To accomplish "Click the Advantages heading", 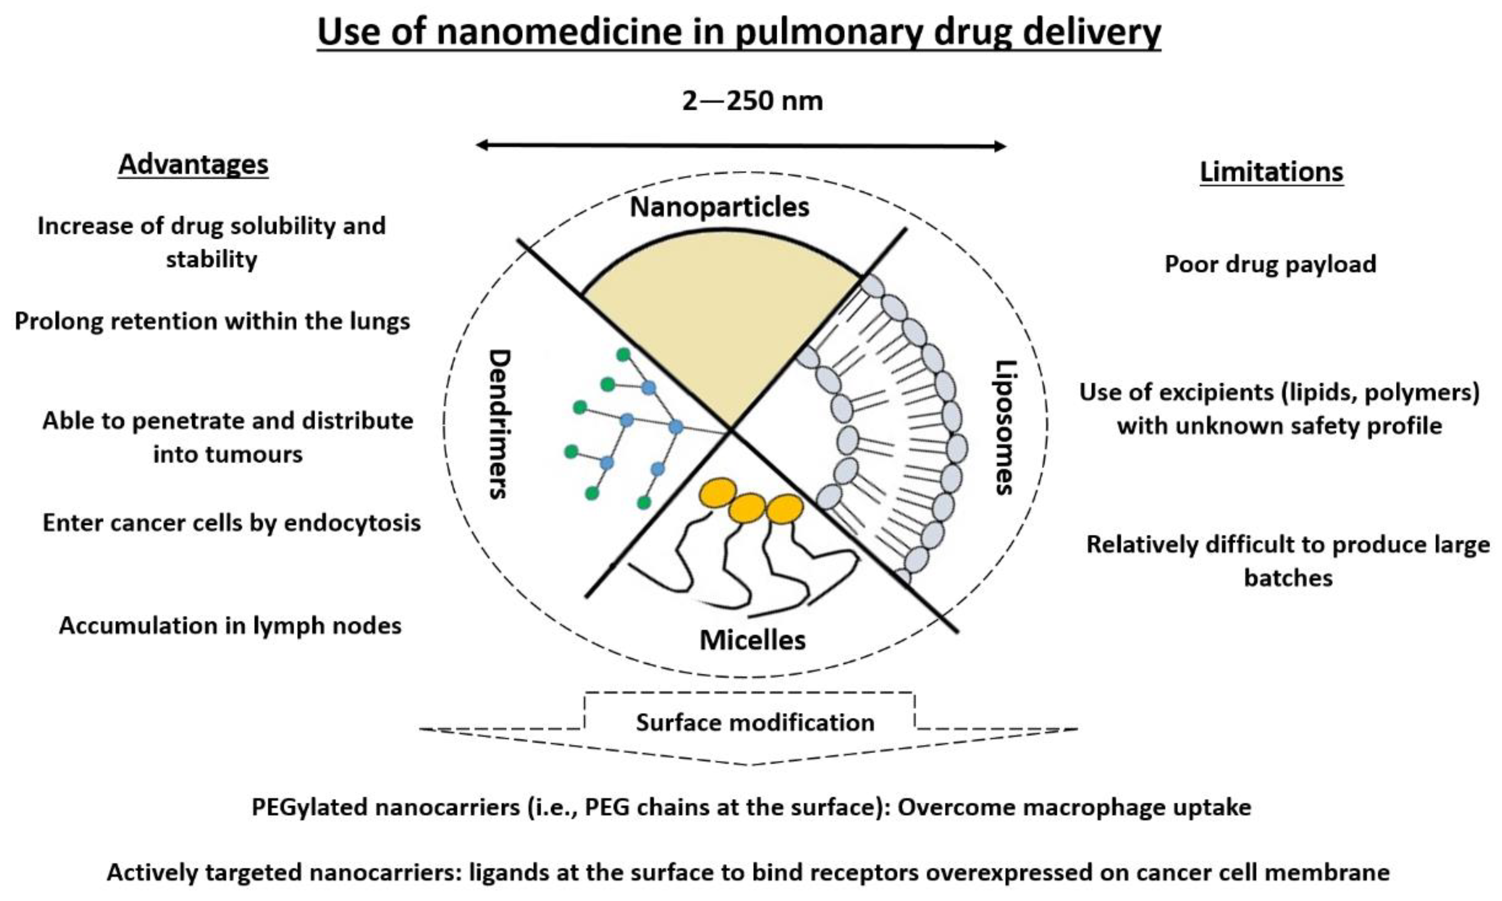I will click(193, 165).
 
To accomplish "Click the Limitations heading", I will click(1271, 172).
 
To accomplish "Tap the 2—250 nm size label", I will click(752, 100).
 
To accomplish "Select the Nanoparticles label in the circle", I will click(719, 207).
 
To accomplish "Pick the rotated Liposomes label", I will click(1004, 428).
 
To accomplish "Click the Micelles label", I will click(752, 640).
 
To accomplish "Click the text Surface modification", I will click(754, 722).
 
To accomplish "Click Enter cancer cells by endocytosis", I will click(231, 523).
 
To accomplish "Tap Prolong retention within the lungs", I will click(212, 321).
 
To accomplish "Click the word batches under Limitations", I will click(1288, 577).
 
